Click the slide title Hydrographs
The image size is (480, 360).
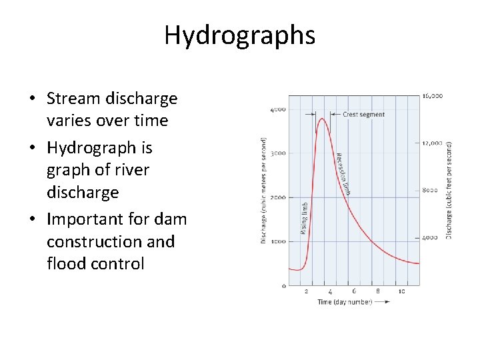[x=239, y=35]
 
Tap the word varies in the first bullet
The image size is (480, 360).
[x=69, y=121]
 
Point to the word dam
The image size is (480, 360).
[x=173, y=219]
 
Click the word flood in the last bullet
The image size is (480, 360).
[x=65, y=263]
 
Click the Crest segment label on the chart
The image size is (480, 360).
[x=363, y=115]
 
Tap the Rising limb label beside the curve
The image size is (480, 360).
[x=305, y=218]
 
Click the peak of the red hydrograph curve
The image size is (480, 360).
[x=322, y=119]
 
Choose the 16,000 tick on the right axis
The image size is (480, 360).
[x=432, y=96]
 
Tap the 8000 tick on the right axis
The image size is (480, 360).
[x=430, y=190]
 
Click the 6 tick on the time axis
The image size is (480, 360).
[x=354, y=291]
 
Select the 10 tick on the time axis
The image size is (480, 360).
[x=401, y=291]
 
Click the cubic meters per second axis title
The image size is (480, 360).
[x=264, y=190]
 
